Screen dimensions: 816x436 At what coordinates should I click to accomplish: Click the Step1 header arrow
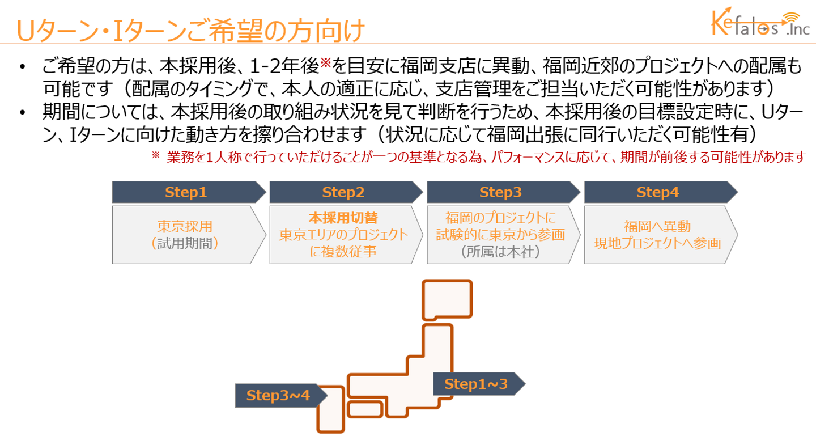(x=189, y=192)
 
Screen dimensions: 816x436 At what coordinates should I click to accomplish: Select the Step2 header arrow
(x=346, y=192)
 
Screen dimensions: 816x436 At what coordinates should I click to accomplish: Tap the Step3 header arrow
(x=504, y=192)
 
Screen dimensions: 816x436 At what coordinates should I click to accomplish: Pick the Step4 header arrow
(x=661, y=192)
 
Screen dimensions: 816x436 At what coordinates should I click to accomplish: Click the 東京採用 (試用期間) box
(x=189, y=235)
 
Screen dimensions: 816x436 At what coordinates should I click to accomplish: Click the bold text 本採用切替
(x=343, y=218)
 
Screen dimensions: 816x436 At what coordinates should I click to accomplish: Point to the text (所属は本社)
(x=500, y=252)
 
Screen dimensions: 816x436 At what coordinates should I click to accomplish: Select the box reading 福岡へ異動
(x=661, y=235)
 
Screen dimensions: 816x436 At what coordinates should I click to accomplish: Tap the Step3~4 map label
(x=282, y=396)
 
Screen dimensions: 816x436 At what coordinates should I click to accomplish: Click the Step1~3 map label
(x=479, y=384)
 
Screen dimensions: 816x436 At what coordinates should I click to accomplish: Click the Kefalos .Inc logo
(x=760, y=22)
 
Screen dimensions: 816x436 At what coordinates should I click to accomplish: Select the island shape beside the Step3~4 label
(x=331, y=409)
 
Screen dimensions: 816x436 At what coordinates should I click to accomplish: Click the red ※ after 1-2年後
(x=325, y=63)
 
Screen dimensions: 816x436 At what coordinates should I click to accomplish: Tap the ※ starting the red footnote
(x=155, y=155)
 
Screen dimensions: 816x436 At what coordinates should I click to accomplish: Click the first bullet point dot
(x=23, y=67)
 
